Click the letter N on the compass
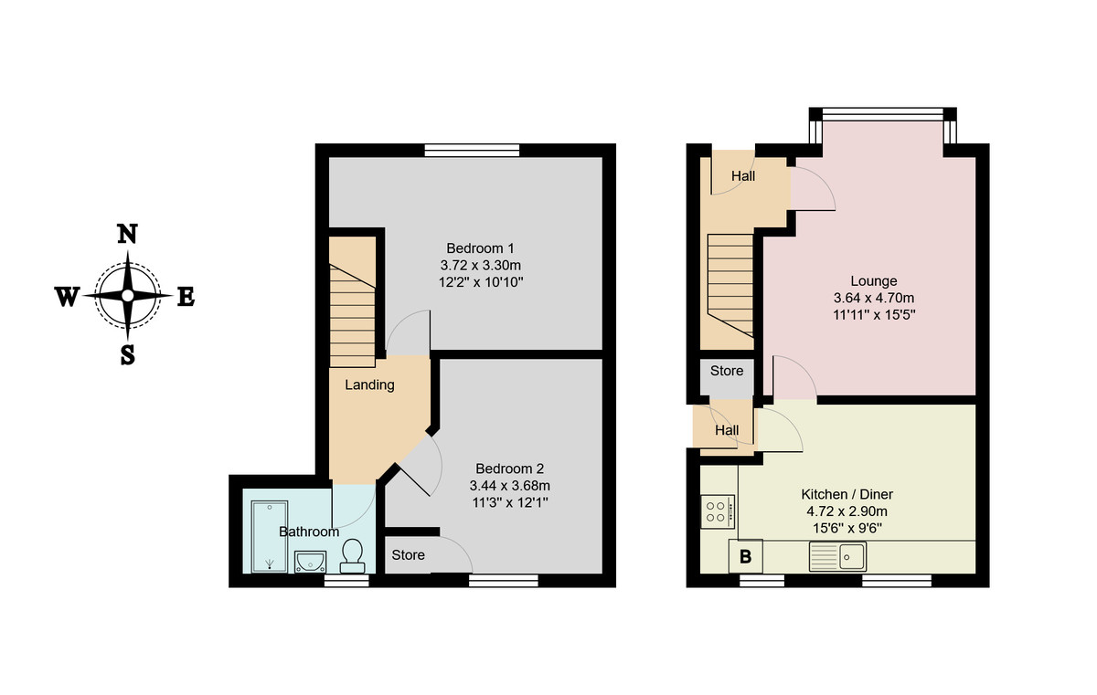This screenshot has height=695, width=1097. (x=127, y=234)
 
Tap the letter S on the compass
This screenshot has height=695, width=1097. (x=127, y=355)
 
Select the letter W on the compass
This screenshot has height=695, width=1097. (x=68, y=297)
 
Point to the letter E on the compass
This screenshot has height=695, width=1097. (x=185, y=297)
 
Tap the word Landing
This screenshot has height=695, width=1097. (x=369, y=384)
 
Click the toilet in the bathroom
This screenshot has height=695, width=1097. (x=352, y=553)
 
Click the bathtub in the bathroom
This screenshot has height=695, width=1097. (x=269, y=535)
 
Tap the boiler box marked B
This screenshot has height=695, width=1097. (x=745, y=555)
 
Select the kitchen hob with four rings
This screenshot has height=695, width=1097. (x=718, y=511)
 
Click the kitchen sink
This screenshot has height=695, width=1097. (x=837, y=554)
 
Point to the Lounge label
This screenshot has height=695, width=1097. (x=873, y=280)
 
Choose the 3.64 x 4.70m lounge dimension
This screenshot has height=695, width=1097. (x=873, y=298)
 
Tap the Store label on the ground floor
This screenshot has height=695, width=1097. (x=727, y=371)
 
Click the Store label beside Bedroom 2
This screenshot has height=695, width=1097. (x=409, y=554)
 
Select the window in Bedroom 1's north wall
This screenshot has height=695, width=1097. (x=472, y=150)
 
